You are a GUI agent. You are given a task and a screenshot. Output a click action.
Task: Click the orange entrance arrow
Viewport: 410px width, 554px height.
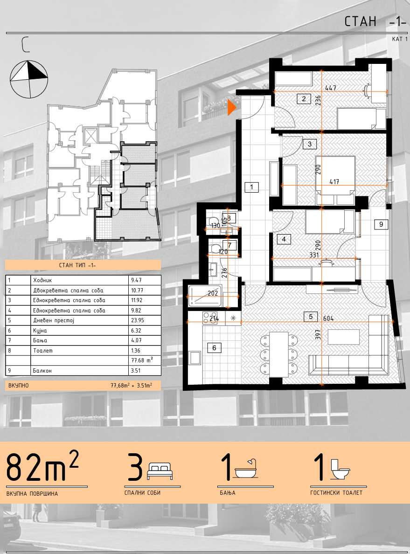(231, 107)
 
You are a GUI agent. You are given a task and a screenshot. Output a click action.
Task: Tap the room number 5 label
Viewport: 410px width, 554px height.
(311, 317)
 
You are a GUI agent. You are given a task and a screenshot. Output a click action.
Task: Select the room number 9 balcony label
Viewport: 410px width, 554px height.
(381, 224)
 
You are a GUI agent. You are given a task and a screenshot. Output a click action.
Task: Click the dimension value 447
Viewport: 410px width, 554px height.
(331, 88)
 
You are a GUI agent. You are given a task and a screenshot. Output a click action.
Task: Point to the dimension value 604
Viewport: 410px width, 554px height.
(328, 319)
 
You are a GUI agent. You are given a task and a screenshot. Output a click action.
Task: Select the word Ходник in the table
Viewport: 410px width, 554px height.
(42, 280)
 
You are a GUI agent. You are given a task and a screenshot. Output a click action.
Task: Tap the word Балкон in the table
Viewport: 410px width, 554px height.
(42, 371)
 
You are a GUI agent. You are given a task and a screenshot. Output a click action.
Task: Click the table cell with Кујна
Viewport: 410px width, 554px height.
(40, 331)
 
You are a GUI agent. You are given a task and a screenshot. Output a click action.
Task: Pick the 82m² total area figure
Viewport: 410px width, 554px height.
(42, 466)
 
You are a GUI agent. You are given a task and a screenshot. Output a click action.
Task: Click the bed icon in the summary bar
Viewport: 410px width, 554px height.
(160, 471)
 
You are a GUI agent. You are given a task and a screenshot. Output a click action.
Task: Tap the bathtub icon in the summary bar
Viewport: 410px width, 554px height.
(246, 469)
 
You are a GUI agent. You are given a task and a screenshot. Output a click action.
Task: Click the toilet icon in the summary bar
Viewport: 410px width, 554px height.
(339, 469)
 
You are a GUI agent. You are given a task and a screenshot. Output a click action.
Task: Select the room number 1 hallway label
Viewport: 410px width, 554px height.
(252, 187)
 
